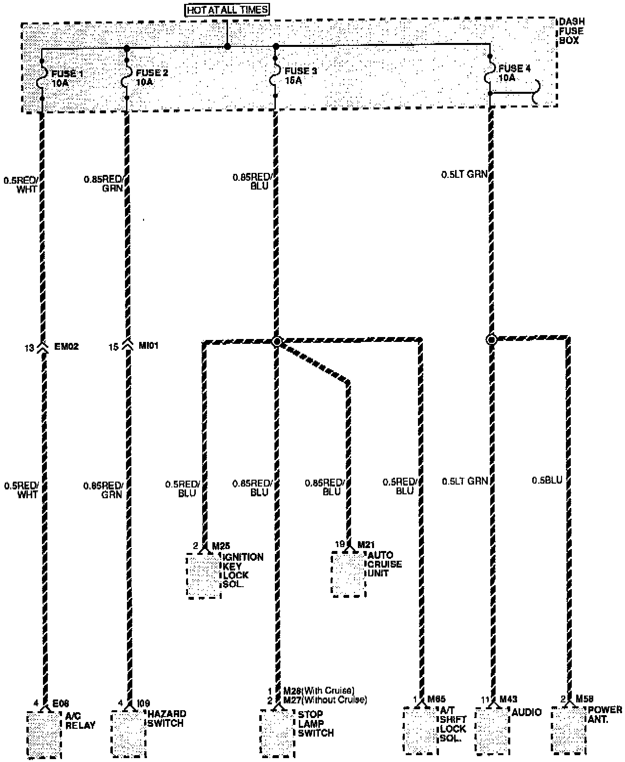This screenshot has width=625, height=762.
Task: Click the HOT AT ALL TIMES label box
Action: (x=227, y=9)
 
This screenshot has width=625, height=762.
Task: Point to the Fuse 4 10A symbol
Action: (x=490, y=77)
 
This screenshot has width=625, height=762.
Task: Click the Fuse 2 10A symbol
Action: (x=126, y=77)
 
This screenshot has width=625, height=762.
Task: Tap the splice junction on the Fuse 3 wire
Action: (x=276, y=341)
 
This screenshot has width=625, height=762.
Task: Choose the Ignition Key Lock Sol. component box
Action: (x=204, y=576)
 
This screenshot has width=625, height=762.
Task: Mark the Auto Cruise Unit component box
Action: (x=349, y=574)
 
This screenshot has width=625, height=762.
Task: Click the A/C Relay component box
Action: (x=43, y=735)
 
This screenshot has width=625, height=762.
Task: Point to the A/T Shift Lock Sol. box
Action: (x=420, y=730)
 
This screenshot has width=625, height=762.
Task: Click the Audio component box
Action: (x=492, y=731)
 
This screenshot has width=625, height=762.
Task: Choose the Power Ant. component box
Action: (x=568, y=730)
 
